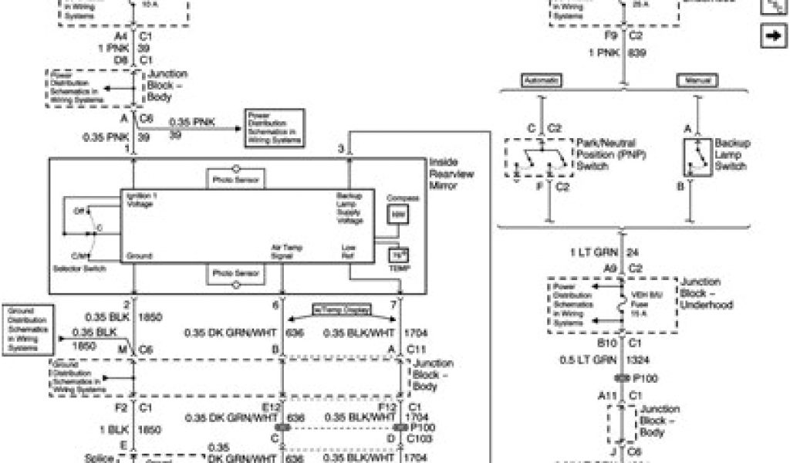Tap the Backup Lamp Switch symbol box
[697, 157]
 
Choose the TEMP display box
[398, 256]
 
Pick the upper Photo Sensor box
[236, 181]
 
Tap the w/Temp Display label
[340, 309]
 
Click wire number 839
[637, 53]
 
